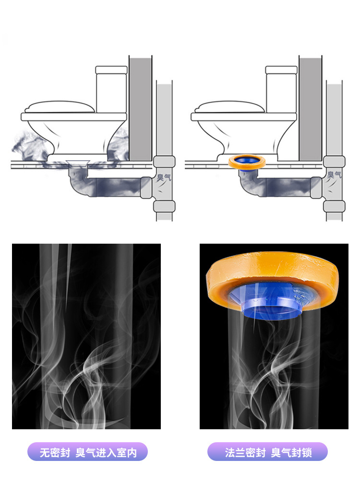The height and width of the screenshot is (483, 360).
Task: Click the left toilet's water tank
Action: coord(111,89)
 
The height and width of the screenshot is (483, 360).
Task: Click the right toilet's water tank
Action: coord(281,89)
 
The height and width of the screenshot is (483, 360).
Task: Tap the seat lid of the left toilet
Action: coord(60,107)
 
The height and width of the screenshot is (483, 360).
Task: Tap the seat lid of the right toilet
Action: coord(230,107)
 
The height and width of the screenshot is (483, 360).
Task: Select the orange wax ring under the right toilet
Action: coord(247,162)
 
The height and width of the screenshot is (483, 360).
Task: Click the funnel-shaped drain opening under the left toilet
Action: coord(78,164)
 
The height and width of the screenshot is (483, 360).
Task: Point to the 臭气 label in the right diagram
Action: coord(334,175)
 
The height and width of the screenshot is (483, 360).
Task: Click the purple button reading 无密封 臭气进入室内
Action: coord(87,452)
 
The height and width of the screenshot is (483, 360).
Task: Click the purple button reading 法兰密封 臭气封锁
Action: coord(267,452)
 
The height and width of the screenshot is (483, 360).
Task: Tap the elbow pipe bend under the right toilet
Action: coord(251,184)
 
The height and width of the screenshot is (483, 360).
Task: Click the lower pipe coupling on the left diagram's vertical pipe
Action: coord(164,206)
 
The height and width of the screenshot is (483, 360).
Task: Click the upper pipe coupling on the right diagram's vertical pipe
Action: coord(335,162)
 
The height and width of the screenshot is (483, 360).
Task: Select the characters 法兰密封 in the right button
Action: coord(245,452)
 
